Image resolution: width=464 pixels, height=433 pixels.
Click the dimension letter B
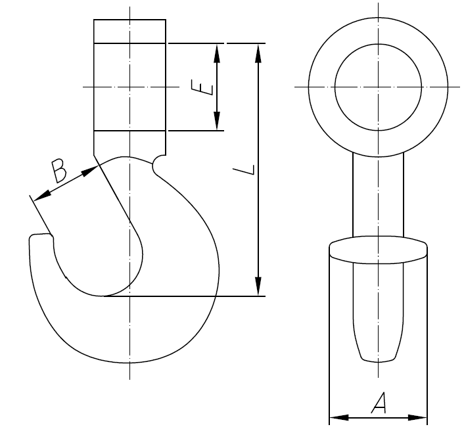click(59, 170)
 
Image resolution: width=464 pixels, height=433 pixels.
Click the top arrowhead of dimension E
click(217, 51)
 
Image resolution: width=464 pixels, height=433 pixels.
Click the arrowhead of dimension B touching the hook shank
click(91, 170)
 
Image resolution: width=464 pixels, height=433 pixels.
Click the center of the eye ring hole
click(378, 87)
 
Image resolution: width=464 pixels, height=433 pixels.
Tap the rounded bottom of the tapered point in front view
click(378, 358)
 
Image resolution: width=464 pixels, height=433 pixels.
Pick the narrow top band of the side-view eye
click(129, 32)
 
